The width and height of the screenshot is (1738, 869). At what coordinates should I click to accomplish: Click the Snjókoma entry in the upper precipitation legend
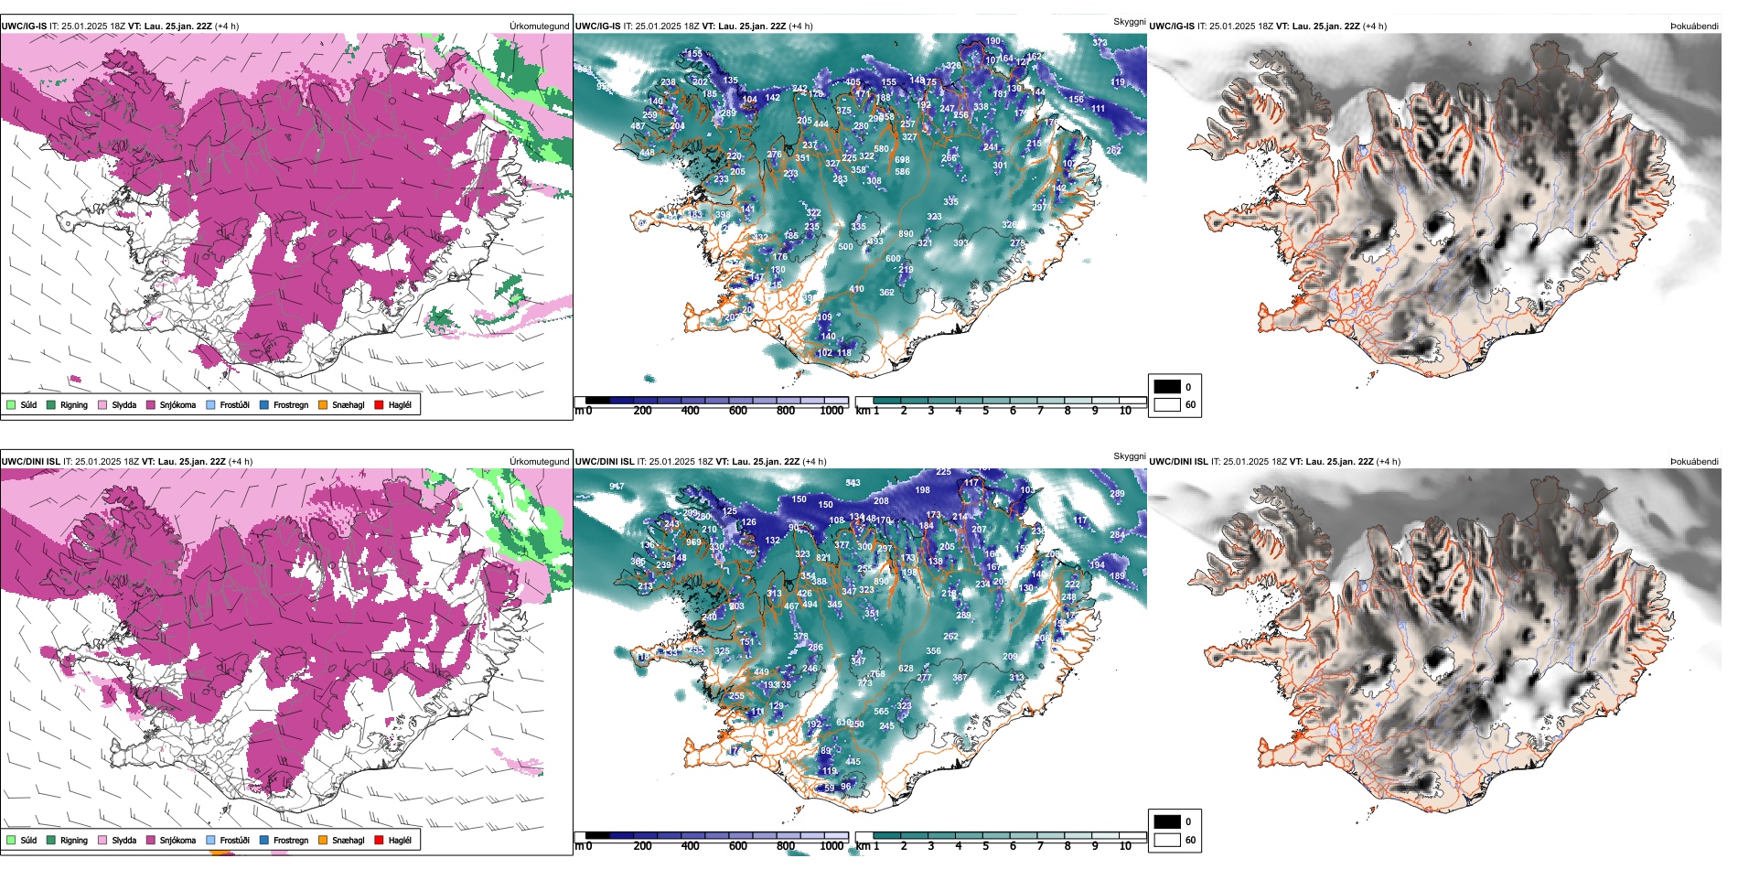pyautogui.click(x=177, y=405)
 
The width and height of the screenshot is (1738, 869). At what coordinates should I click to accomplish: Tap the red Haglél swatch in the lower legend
pyautogui.click(x=379, y=841)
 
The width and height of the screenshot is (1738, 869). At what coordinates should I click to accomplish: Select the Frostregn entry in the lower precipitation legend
pyautogui.click(x=290, y=841)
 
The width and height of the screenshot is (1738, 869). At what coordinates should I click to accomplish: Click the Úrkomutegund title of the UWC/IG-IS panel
pyautogui.click(x=539, y=27)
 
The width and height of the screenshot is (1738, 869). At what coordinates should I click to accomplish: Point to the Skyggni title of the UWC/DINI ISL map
pyautogui.click(x=1129, y=456)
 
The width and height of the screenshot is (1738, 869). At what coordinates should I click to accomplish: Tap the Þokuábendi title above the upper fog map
pyautogui.click(x=1694, y=27)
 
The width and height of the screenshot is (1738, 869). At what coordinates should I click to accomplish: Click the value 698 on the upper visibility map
pyautogui.click(x=902, y=160)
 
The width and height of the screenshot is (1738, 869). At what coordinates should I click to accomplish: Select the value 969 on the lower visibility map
pyautogui.click(x=693, y=542)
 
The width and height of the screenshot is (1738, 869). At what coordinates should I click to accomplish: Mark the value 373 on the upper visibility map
pyautogui.click(x=1100, y=43)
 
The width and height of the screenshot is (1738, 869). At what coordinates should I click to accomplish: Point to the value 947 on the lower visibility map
pyautogui.click(x=617, y=487)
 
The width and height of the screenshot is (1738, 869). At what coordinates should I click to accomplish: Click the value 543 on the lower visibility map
pyautogui.click(x=853, y=483)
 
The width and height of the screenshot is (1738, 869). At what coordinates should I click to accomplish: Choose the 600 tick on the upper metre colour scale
pyautogui.click(x=738, y=411)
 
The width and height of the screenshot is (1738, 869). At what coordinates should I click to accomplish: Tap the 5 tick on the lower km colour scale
pyautogui.click(x=985, y=846)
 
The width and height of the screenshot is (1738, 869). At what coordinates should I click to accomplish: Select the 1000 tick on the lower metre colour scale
pyautogui.click(x=831, y=846)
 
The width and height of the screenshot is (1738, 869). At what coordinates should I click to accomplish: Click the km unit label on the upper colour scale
pyautogui.click(x=862, y=411)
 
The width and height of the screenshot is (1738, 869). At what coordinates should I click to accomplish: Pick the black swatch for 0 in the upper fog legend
pyautogui.click(x=1167, y=387)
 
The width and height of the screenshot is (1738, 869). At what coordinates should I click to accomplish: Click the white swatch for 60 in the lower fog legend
pyautogui.click(x=1167, y=840)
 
